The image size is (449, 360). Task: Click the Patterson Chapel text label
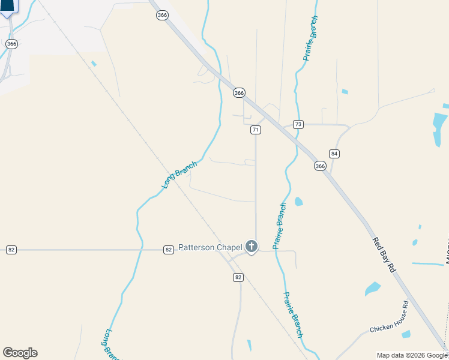tap(210, 248)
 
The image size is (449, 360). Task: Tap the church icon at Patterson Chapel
tap(251, 247)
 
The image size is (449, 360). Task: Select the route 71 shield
tap(256, 130)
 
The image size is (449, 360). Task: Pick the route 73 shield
tap(298, 124)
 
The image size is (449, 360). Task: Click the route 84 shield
tap(334, 154)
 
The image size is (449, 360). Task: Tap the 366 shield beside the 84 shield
tap(320, 166)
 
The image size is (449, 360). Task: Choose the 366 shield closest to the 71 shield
tap(240, 93)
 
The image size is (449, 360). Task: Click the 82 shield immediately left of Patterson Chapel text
tap(169, 250)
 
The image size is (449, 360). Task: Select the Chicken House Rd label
tap(389, 325)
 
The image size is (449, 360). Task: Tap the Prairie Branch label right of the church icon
tap(280, 226)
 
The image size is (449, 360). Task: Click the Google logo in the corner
tap(20, 353)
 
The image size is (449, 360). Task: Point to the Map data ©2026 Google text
tap(412, 355)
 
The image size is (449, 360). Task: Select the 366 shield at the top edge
tap(162, 16)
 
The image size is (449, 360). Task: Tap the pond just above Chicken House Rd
tap(372, 289)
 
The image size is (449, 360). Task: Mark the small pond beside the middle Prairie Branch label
tap(298, 201)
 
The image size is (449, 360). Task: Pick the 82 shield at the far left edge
tap(11, 250)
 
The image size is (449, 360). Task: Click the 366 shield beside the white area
tap(11, 44)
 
